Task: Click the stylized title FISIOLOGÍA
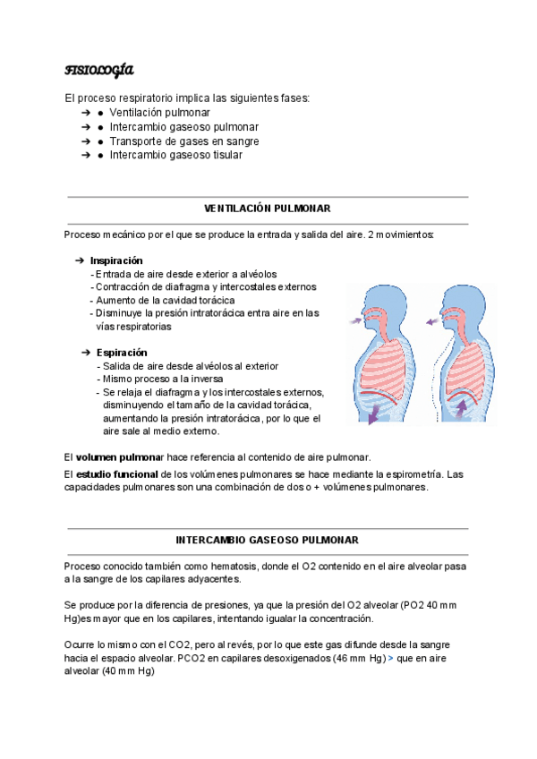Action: [99, 70]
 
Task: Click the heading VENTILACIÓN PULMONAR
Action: [268, 209]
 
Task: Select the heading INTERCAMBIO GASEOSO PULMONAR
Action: [268, 541]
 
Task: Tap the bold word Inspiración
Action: [116, 260]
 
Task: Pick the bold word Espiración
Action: [122, 353]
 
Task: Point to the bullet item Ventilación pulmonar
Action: [160, 114]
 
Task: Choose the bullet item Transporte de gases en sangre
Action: [184, 141]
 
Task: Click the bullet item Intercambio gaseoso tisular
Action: [175, 155]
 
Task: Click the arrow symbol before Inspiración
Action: [80, 260]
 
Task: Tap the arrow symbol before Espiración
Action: [86, 353]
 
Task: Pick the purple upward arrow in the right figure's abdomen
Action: [462, 408]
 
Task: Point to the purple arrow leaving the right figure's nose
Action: [434, 318]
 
